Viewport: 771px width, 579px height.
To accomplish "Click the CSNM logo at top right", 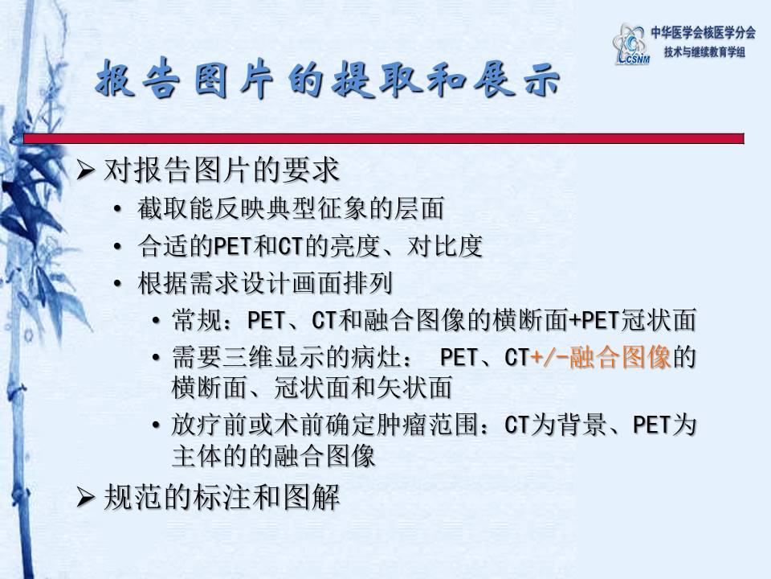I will tap(631, 43).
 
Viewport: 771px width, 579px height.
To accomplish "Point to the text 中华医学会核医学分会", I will tap(703, 33).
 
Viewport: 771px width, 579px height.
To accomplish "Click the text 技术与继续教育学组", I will tap(704, 52).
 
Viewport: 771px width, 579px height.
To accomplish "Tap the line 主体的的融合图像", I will tap(273, 456).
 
